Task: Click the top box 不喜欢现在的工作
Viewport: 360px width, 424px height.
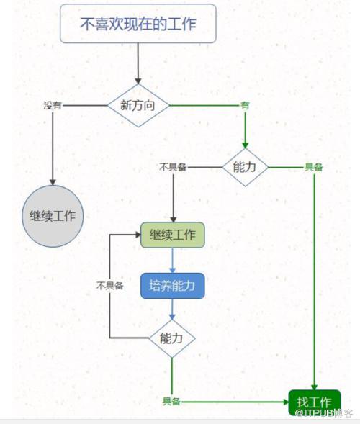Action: [x=138, y=24]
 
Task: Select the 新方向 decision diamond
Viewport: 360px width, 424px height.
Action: [x=138, y=105]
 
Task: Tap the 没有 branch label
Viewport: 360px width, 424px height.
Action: [x=53, y=105]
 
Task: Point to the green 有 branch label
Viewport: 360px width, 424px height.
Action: [x=245, y=105]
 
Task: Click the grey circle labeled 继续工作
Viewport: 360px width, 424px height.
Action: [x=53, y=216]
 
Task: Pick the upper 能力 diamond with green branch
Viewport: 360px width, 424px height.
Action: [x=245, y=167]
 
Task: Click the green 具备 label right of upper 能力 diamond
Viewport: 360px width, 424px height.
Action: [x=314, y=167]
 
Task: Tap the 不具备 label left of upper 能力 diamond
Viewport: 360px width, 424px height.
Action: [x=173, y=167]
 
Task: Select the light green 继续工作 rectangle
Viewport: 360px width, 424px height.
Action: [x=173, y=235]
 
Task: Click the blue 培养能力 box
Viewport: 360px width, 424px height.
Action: [x=173, y=286]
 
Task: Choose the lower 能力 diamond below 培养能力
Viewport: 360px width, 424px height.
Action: [x=172, y=338]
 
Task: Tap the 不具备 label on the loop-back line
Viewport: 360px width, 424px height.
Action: [x=110, y=286]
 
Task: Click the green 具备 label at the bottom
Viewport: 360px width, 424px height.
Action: [x=171, y=401]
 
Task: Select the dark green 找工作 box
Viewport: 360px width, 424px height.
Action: [x=315, y=402]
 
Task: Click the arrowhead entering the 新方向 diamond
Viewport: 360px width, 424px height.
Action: [x=138, y=81]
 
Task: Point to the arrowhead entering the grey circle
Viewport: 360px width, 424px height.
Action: [x=53, y=182]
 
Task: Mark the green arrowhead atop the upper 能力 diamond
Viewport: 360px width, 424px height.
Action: [x=245, y=145]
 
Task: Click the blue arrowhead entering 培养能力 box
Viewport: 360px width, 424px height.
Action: [x=173, y=270]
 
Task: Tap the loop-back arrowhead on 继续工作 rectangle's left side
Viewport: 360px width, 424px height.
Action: [x=138, y=235]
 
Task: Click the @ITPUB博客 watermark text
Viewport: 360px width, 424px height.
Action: [x=324, y=413]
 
